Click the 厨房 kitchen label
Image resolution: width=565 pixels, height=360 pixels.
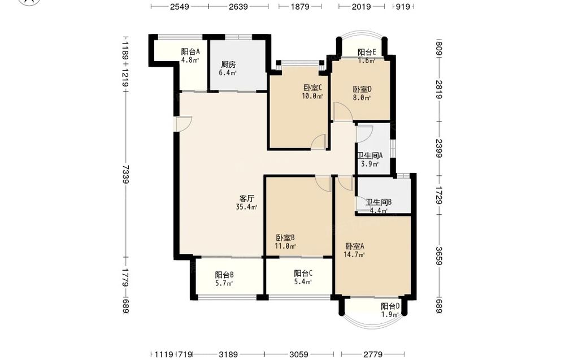[x=228, y=64]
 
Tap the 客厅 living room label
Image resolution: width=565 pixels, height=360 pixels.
[x=247, y=198]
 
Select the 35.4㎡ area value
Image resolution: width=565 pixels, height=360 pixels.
[x=247, y=207]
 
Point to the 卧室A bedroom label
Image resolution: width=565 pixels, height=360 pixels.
[x=355, y=246]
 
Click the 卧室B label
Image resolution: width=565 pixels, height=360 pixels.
[x=285, y=238]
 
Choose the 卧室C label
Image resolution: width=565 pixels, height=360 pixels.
[x=312, y=88]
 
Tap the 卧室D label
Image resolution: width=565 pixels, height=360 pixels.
[x=362, y=89]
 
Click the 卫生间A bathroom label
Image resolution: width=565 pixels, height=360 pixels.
[x=370, y=155]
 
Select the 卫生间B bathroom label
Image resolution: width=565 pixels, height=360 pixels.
[x=379, y=202]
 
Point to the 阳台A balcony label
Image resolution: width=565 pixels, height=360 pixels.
[x=190, y=52]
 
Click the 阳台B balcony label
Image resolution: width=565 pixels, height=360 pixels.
[x=224, y=275]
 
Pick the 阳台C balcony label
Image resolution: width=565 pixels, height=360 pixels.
[x=303, y=273]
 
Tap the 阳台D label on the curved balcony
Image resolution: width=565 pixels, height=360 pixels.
[x=390, y=306]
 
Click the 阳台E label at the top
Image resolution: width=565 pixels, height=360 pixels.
[x=367, y=52]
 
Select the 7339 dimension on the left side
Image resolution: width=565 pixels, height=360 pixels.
[x=125, y=175]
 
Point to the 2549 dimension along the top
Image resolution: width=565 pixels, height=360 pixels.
[x=179, y=6]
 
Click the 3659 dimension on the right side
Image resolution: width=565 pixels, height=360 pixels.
[x=438, y=256]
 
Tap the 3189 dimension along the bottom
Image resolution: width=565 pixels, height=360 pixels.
[x=228, y=354]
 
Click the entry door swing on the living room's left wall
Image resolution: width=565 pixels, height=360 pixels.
[x=183, y=124]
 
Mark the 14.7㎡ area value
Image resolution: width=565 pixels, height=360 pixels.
[x=355, y=255]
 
